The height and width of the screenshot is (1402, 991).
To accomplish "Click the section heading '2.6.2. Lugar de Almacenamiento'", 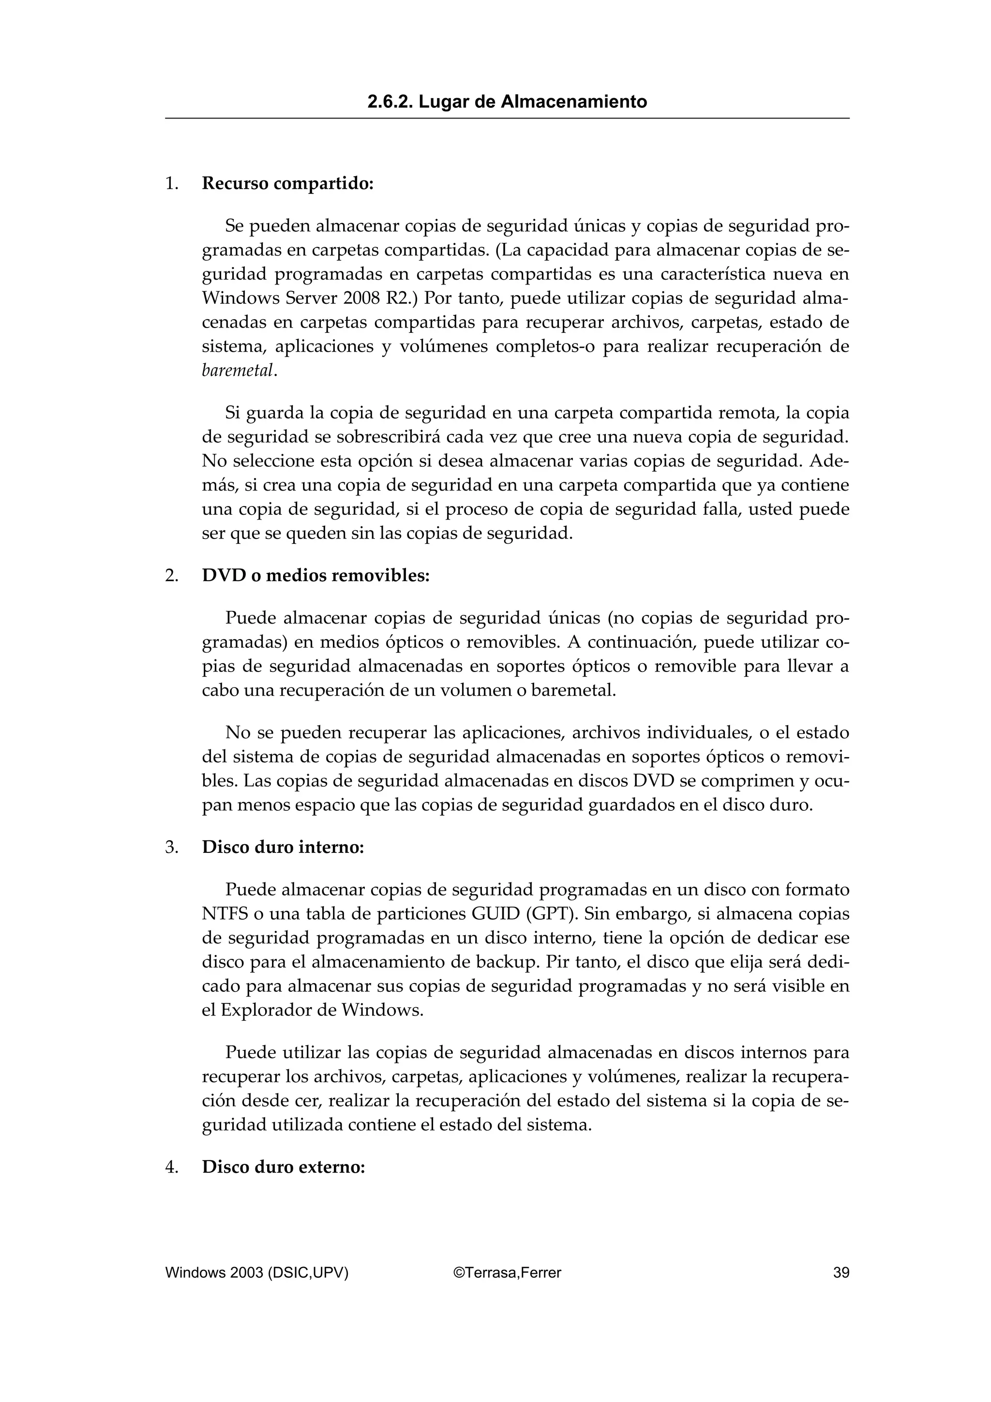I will (x=507, y=102).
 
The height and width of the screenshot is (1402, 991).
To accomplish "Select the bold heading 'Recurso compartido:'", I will (x=287, y=183).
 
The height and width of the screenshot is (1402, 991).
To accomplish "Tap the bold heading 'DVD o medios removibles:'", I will (x=315, y=575).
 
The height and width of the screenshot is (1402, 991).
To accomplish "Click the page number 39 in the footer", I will (x=841, y=1272).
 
